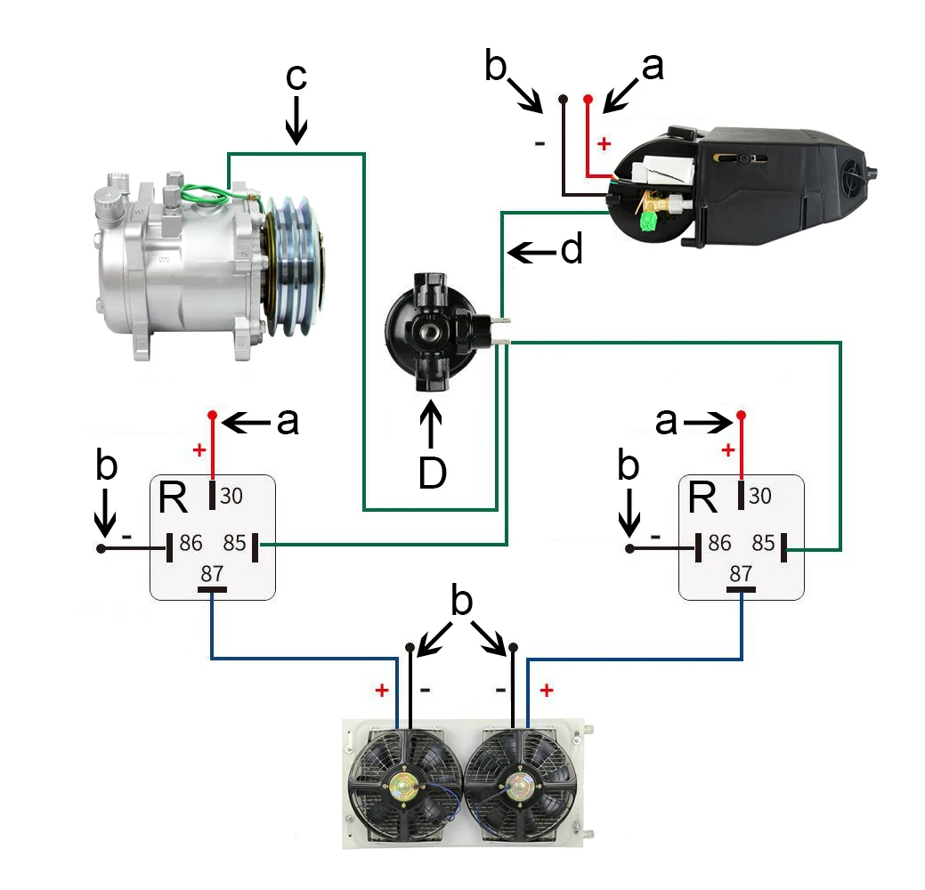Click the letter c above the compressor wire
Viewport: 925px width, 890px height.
296,77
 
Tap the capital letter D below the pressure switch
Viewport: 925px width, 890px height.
432,474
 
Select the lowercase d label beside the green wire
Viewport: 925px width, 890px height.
571,251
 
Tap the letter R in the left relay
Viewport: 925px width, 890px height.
173,499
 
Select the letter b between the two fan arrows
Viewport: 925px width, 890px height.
461,603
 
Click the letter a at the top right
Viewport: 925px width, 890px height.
653,67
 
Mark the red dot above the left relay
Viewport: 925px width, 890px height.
212,415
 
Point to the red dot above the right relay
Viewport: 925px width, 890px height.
741,415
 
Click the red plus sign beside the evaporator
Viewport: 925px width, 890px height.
605,142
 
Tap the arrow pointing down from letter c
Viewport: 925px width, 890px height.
296,123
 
